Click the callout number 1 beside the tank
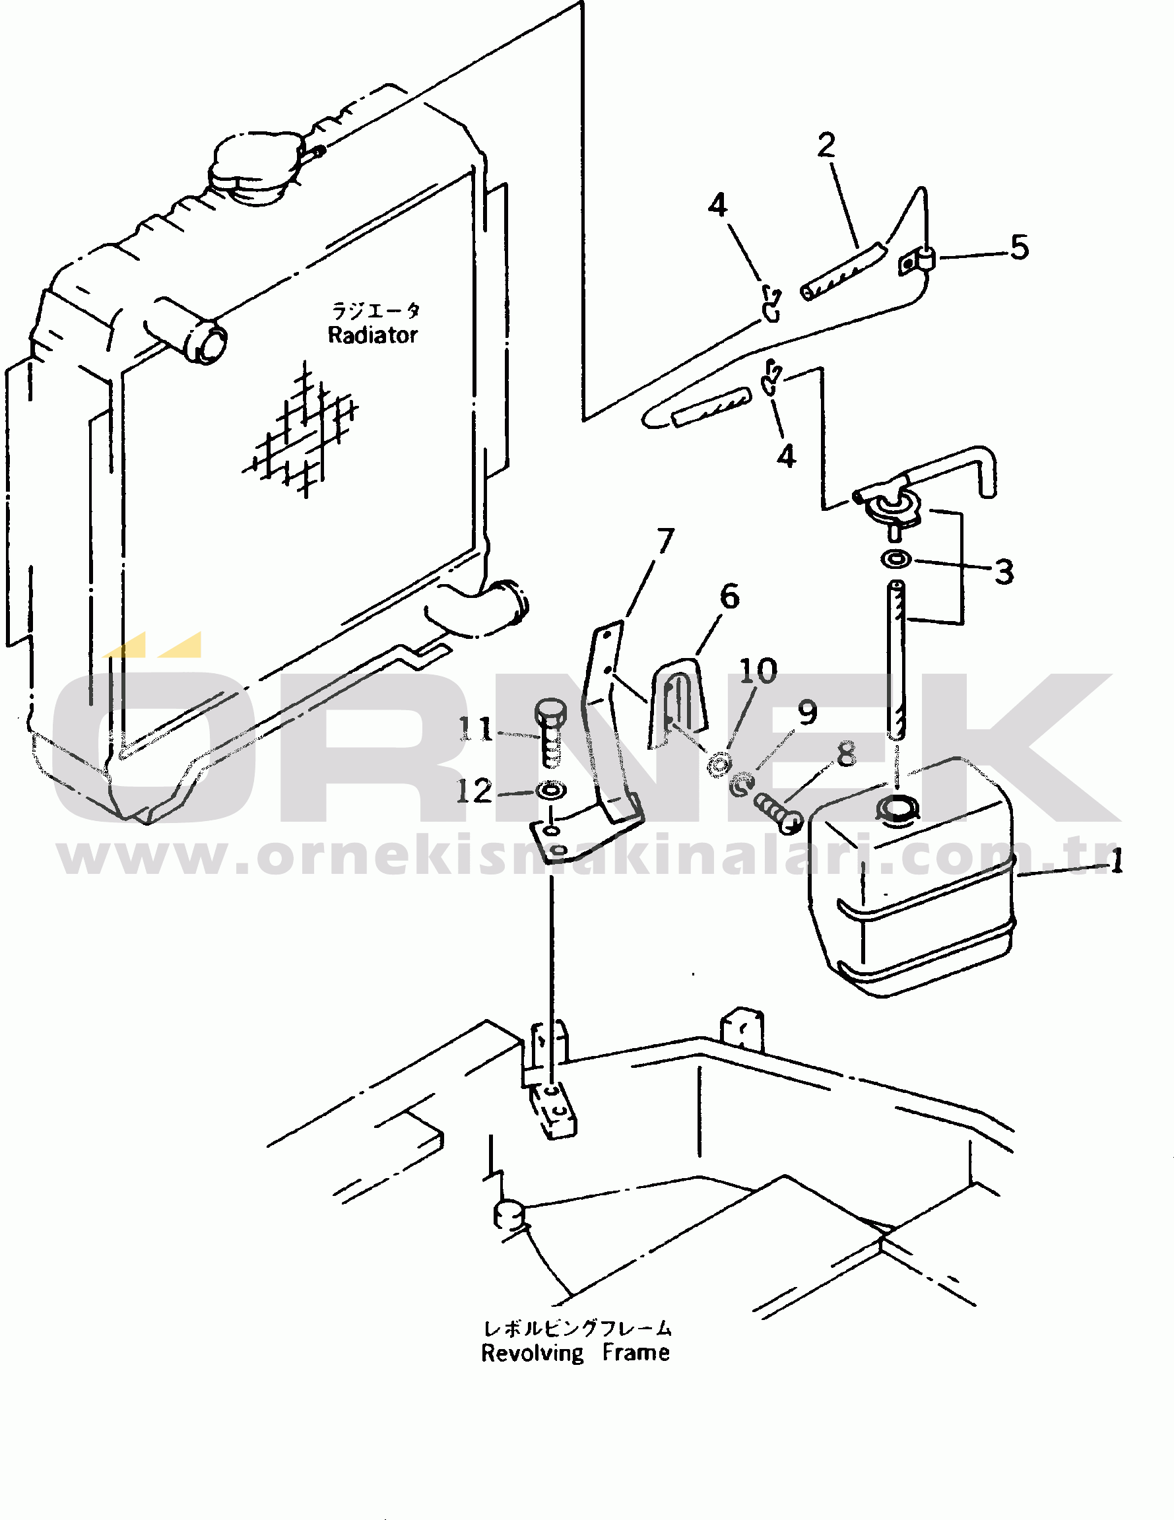1116,863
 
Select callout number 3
1004,572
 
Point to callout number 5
1020,247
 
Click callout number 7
666,540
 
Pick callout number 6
729,597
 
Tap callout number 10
758,671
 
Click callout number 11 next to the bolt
476,729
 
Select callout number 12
474,791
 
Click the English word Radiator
372,335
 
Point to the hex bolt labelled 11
550,733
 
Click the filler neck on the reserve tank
898,809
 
